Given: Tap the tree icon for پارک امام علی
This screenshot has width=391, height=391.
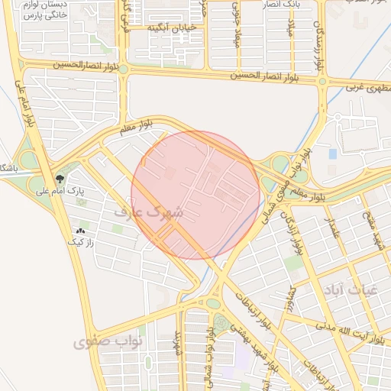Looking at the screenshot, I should [x=60, y=179].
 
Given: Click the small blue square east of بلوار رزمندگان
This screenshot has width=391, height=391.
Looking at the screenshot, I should [x=333, y=153].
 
